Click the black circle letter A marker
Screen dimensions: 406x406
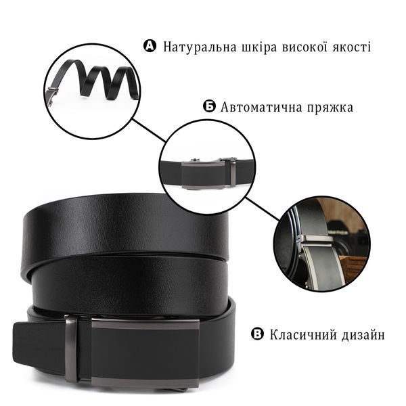150,46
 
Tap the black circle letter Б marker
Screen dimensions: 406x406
209,106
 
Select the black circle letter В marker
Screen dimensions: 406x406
257,334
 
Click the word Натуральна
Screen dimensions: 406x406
200,47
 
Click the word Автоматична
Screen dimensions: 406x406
261,107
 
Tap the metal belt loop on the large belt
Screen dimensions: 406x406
71,349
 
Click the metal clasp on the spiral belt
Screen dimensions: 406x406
51,95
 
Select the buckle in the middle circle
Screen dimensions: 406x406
203,173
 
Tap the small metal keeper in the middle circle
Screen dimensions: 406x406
233,172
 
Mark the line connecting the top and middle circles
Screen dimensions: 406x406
149,131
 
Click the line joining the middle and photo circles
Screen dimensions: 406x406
263,209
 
